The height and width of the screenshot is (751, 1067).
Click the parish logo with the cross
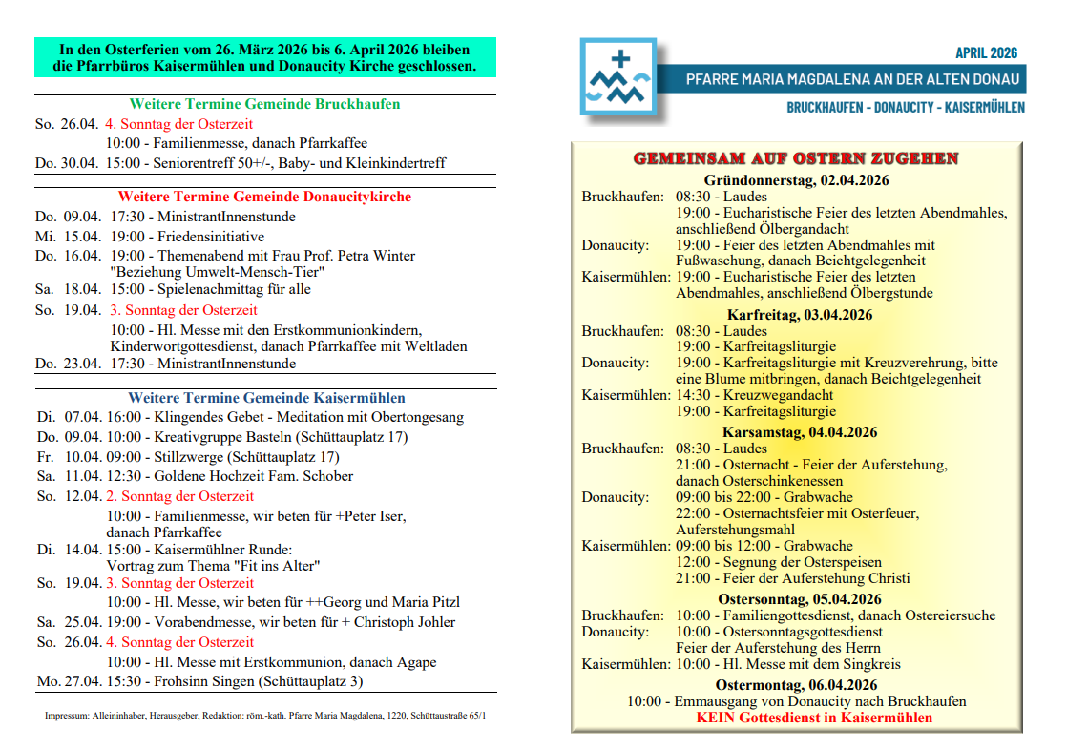[618, 77]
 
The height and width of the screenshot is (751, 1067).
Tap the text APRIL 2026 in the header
[986, 53]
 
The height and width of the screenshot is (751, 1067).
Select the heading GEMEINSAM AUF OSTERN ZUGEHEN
[796, 158]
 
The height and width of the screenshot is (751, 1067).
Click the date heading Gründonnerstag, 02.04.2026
[796, 180]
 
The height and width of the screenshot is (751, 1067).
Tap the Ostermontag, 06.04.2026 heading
[796, 685]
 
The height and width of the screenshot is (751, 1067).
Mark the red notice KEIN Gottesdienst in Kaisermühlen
[814, 718]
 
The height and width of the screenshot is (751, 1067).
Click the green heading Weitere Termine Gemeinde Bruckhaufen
[264, 104]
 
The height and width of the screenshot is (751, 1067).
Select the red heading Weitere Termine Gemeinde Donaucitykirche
[264, 197]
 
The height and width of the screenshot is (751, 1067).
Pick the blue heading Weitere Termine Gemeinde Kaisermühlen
[266, 398]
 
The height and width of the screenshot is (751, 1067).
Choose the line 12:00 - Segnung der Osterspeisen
[779, 562]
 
